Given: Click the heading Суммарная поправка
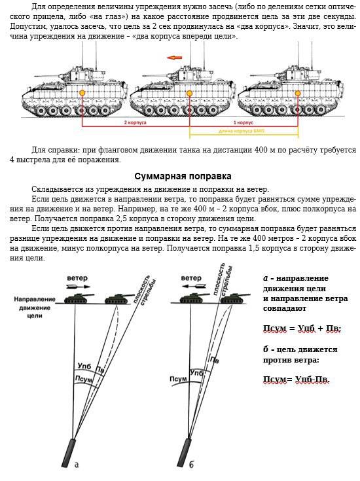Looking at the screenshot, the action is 183,176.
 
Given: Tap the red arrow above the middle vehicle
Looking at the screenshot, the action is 174,58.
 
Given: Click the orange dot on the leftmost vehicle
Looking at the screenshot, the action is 82,93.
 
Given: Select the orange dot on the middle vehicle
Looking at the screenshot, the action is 189,93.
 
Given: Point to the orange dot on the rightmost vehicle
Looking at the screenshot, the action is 297,93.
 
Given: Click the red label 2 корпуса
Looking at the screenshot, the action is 135,122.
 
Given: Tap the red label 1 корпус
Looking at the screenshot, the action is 243,122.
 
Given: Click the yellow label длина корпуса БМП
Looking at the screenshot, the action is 242,131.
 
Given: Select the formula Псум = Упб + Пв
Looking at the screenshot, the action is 302,329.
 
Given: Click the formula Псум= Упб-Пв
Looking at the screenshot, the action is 296,380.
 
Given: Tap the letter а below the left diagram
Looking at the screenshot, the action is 77,465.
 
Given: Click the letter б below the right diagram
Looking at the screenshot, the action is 191,464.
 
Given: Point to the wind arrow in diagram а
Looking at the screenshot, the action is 79,287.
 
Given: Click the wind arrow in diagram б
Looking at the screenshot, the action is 194,287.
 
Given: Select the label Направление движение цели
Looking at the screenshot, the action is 35,308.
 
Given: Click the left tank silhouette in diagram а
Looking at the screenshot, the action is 79,298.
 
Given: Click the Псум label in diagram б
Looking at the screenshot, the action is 178,379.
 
